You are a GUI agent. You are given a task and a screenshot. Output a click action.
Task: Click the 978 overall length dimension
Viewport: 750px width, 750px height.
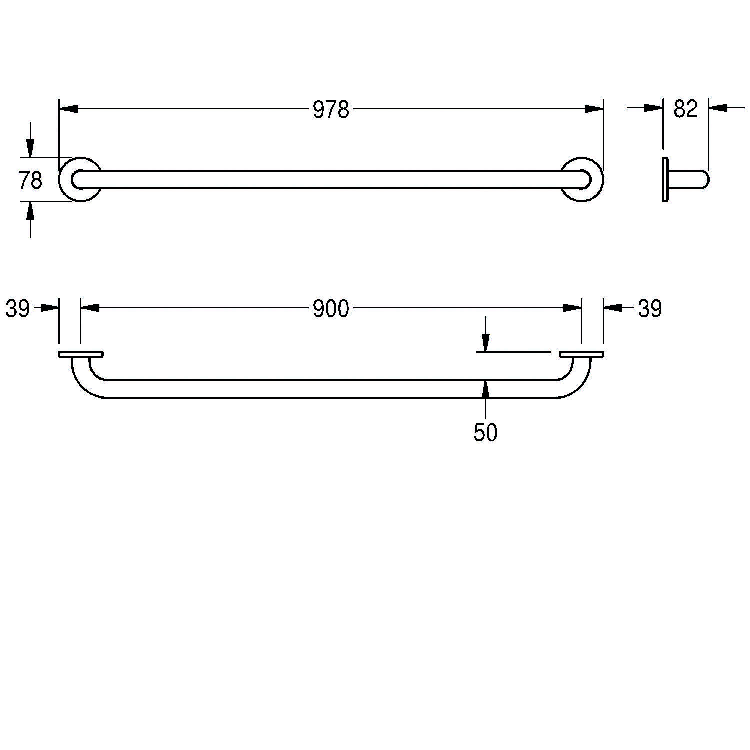[330, 110]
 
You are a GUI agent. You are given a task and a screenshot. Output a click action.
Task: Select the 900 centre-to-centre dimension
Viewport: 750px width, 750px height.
[330, 309]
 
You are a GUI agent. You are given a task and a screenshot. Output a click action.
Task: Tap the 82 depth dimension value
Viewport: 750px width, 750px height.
[685, 109]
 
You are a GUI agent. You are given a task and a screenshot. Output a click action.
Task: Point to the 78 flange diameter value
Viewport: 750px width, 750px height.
[30, 180]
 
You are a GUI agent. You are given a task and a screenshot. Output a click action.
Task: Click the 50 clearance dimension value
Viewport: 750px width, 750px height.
[485, 433]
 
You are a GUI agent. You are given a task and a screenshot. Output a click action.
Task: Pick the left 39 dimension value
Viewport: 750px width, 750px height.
[18, 309]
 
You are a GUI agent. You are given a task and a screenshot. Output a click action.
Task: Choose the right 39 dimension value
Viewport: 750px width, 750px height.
[650, 309]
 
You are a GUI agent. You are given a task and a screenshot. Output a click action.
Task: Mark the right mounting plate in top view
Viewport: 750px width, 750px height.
[581, 354]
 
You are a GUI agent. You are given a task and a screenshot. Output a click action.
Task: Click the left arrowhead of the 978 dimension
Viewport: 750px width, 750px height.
[68, 109]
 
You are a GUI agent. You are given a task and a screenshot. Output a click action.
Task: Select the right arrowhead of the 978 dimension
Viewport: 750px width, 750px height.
[594, 109]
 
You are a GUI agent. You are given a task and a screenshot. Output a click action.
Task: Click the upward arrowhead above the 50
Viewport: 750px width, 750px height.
[485, 389]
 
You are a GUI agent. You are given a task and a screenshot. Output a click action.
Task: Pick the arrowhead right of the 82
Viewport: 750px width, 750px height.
[718, 107]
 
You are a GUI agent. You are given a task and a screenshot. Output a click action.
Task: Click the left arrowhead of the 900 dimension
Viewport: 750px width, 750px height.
[90, 308]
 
